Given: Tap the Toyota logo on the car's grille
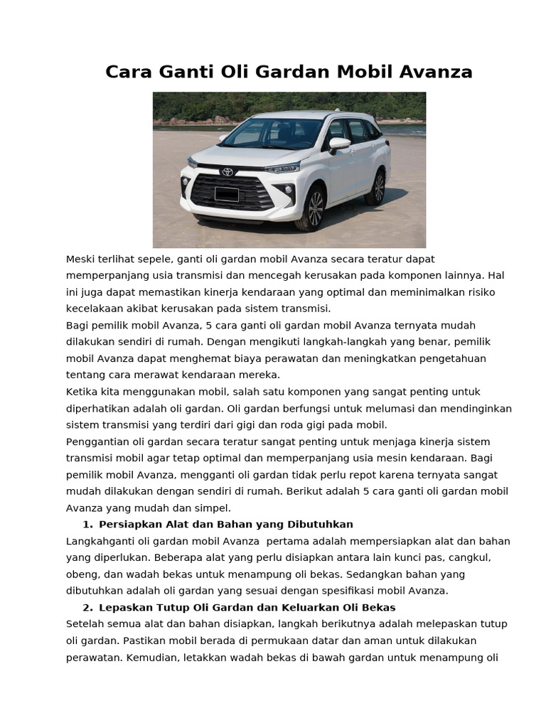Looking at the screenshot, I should [x=227, y=172].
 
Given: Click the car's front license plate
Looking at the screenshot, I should [x=227, y=193].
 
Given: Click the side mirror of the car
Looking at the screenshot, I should [x=339, y=144].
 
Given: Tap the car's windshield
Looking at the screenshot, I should [x=272, y=134].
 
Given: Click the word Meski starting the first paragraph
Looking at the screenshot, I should [x=80, y=259].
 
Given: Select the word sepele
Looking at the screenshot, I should [x=158, y=259].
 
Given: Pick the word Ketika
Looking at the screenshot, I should [x=81, y=392].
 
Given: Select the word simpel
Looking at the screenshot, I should [x=214, y=508].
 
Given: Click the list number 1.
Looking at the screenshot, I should [x=87, y=525].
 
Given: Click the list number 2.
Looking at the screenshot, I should [x=87, y=607].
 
